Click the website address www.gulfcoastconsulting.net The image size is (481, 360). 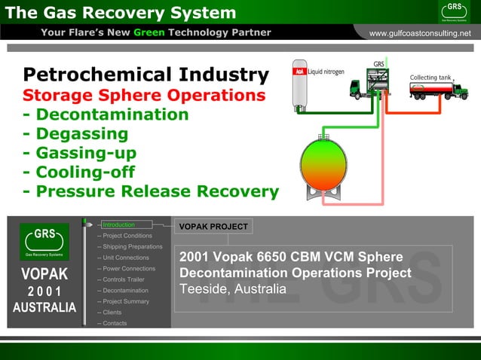(419, 33)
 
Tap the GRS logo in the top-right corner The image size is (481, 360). (455, 11)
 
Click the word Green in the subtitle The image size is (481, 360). (149, 32)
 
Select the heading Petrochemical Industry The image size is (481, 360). (146, 75)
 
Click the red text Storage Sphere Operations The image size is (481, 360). (144, 96)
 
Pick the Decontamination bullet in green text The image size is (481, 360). (106, 115)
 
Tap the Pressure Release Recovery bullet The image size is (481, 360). (151, 191)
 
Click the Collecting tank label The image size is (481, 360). (430, 78)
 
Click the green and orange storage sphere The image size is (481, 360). (323, 163)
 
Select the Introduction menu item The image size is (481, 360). (119, 224)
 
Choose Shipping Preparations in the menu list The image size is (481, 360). (133, 247)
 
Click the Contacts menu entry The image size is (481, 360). (115, 323)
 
